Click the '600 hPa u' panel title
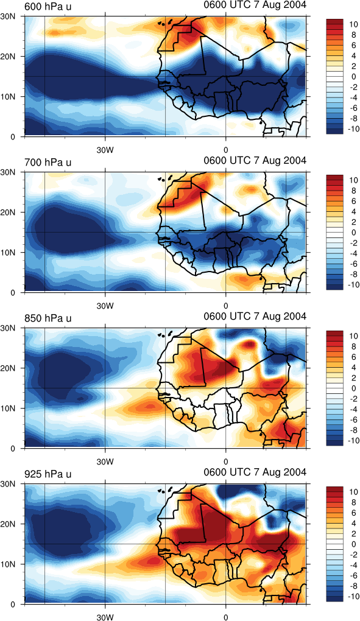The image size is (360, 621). tap(48, 6)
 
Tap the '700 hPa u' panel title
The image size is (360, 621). tap(48, 162)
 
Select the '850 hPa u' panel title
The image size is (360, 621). tap(48, 318)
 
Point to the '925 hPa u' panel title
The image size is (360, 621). tap(48, 474)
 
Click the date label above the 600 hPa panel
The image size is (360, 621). tap(255, 5)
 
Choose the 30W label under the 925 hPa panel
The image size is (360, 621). tap(105, 617)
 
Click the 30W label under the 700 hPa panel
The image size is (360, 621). tap(105, 306)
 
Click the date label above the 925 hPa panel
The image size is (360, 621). tap(255, 472)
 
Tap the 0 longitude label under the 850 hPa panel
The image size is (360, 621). tap(226, 461)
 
